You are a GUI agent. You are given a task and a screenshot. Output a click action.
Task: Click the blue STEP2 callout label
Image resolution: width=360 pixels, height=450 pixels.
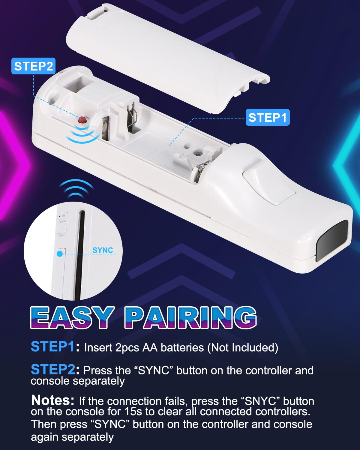pyautogui.click(x=34, y=66)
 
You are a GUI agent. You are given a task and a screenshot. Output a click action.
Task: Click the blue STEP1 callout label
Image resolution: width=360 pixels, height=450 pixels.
pyautogui.click(x=268, y=117)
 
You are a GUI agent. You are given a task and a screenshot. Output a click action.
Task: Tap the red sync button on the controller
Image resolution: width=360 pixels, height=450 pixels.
pyautogui.click(x=82, y=120)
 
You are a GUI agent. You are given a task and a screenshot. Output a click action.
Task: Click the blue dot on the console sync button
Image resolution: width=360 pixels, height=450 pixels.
pyautogui.click(x=60, y=254)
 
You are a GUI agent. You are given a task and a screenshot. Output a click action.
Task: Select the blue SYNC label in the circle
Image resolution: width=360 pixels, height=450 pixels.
pyautogui.click(x=103, y=250)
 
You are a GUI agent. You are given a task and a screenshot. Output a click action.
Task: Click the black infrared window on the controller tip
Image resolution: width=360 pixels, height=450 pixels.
pyautogui.click(x=332, y=241)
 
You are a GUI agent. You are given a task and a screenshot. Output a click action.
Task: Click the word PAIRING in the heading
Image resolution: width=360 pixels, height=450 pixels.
pyautogui.click(x=190, y=318)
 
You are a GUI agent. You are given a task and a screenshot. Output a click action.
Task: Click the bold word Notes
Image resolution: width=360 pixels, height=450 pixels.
pyautogui.click(x=52, y=400)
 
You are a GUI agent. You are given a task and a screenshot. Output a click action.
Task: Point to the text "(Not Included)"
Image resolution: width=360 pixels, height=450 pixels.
pyautogui.click(x=243, y=347)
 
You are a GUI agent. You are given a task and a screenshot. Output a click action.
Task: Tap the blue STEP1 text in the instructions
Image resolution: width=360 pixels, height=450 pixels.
pyautogui.click(x=53, y=346)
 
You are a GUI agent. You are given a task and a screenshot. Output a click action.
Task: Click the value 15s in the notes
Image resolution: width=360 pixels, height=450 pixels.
pyautogui.click(x=133, y=411)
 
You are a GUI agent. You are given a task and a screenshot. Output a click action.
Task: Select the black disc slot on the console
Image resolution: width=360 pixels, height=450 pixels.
pyautogui.click(x=80, y=255)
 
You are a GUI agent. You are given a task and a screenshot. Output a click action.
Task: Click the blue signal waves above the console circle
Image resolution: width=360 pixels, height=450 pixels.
pyautogui.click(x=76, y=189)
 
